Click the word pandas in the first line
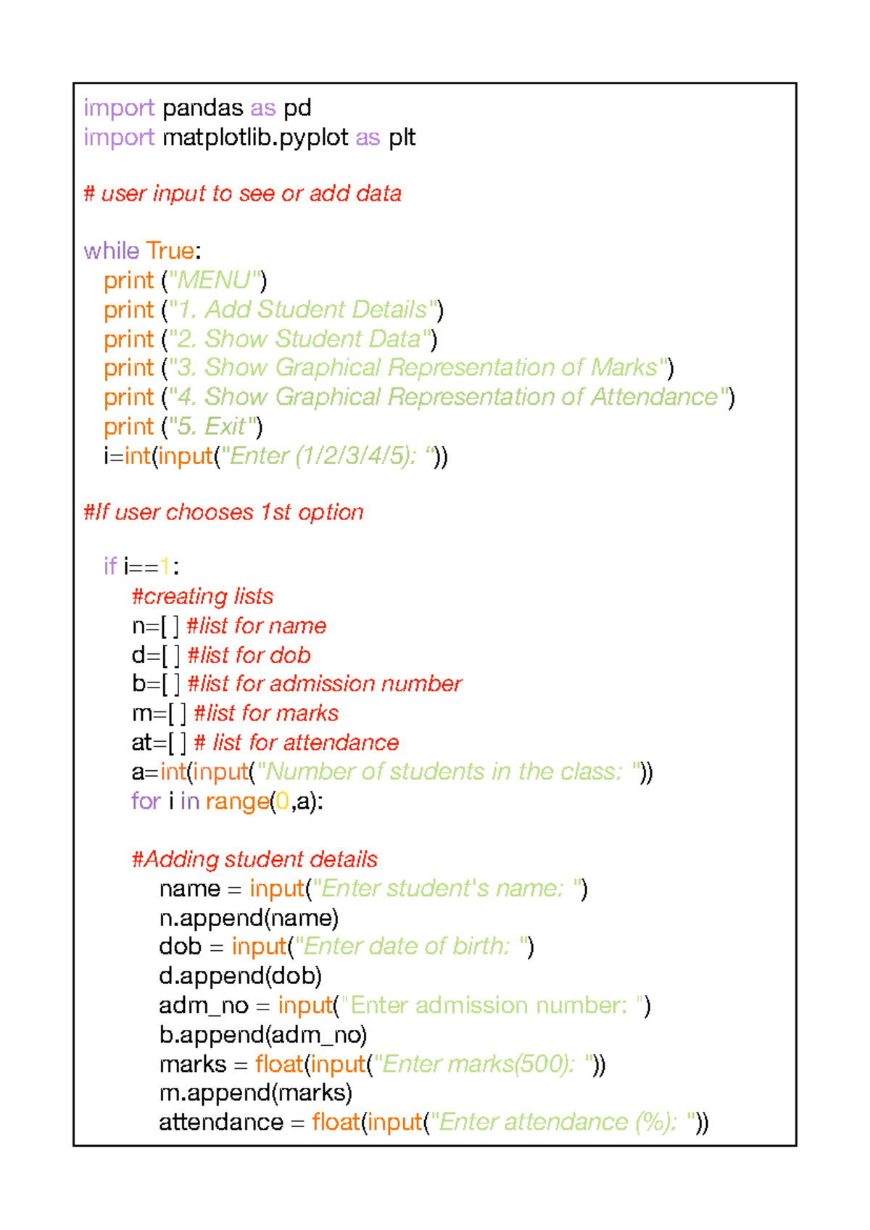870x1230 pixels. (202, 109)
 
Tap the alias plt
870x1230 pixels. (402, 138)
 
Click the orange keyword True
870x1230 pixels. (170, 251)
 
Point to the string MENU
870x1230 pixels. (214, 281)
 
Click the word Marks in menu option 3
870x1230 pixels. (624, 368)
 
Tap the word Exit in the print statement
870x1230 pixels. (225, 426)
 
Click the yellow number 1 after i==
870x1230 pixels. (164, 566)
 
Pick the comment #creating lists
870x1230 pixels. (202, 596)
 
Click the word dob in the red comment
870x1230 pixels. (291, 655)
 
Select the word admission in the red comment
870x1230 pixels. (322, 684)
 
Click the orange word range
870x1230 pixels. (238, 802)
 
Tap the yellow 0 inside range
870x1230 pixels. (282, 801)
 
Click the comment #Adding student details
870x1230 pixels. (254, 859)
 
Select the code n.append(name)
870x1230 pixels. (249, 918)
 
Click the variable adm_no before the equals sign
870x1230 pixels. (204, 1006)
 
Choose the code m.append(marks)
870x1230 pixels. (255, 1093)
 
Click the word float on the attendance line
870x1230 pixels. (336, 1123)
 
